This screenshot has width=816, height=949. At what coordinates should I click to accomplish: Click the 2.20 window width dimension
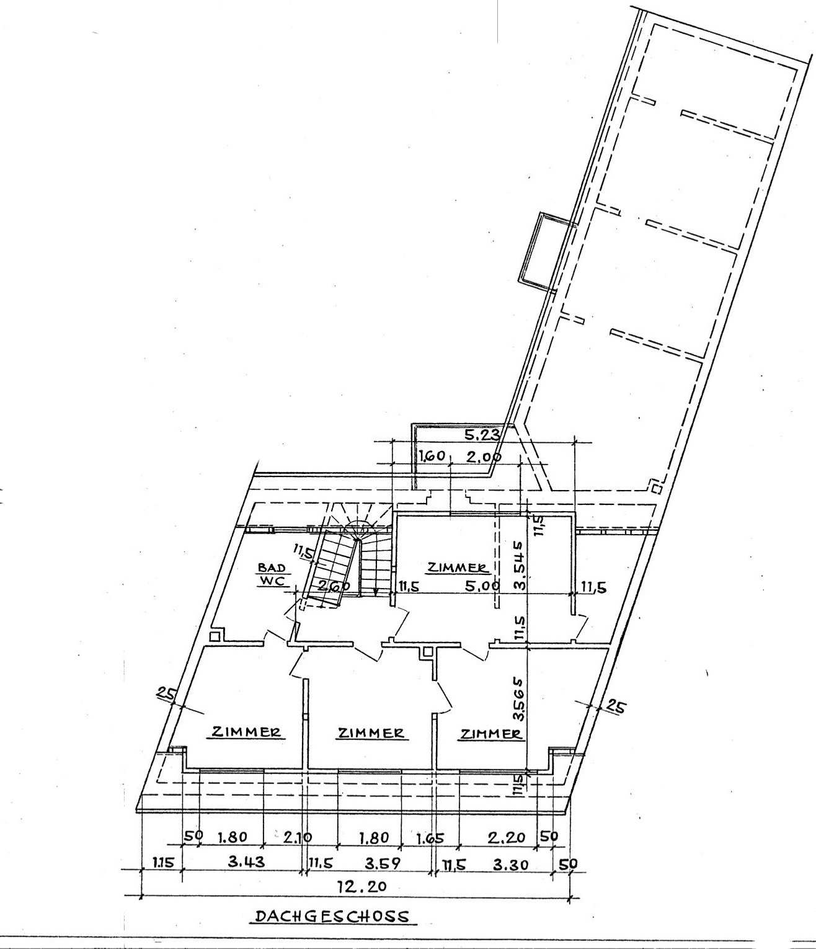[x=506, y=837]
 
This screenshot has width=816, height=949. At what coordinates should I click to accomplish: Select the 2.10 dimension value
[x=298, y=837]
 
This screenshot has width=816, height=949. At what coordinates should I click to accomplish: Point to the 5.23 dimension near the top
[x=482, y=434]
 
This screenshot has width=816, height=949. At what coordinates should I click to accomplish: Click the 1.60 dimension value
[x=432, y=457]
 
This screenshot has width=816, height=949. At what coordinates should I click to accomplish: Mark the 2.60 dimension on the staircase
[x=335, y=586]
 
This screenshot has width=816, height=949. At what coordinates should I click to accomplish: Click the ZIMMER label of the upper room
[x=457, y=568]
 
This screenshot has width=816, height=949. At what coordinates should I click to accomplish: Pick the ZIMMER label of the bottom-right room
[x=491, y=734]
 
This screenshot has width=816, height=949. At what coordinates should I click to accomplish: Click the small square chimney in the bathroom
[x=215, y=636]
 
